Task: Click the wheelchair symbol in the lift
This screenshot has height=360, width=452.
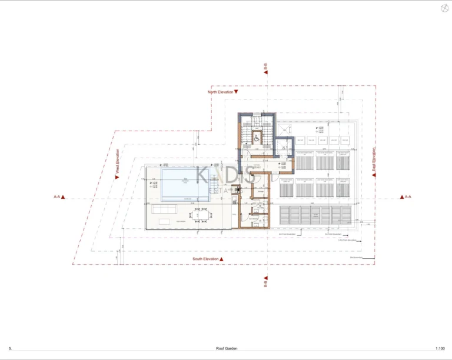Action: click(257, 136)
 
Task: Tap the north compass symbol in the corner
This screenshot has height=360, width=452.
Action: click(443, 8)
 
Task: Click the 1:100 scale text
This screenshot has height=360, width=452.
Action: click(440, 349)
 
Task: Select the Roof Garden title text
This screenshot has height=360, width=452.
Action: click(227, 349)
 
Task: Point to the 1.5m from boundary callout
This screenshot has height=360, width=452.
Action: click(348, 240)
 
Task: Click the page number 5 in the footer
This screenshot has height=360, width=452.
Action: click(11, 349)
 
